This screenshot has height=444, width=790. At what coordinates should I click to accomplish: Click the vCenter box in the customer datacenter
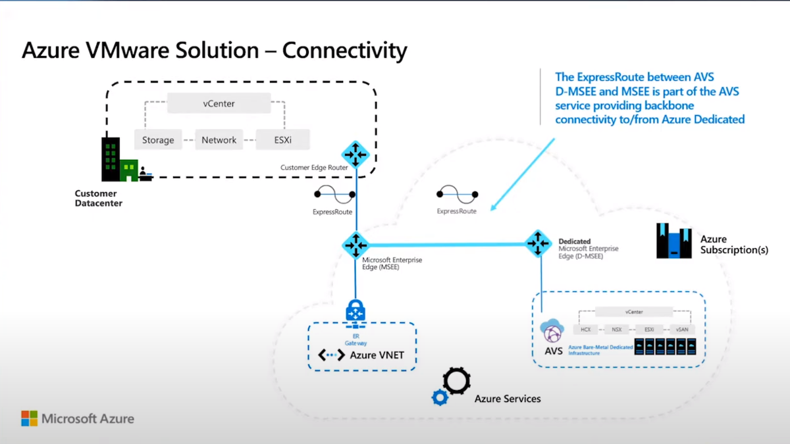(x=219, y=103)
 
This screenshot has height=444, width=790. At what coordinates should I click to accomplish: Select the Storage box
(x=158, y=140)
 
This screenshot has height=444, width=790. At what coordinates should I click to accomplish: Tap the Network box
(x=219, y=140)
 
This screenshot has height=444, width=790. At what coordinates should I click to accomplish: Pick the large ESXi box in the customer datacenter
(x=282, y=140)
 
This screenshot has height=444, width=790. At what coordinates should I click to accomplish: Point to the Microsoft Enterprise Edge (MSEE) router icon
(x=355, y=245)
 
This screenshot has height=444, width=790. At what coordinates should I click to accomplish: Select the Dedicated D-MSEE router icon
(x=538, y=243)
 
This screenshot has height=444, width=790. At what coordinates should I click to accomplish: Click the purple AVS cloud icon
(x=552, y=331)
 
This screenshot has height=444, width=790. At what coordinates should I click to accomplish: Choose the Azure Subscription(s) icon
(x=673, y=240)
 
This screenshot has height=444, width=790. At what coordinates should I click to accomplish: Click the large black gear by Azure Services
(x=456, y=381)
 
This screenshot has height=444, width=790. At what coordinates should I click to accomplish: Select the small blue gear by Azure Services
(x=439, y=397)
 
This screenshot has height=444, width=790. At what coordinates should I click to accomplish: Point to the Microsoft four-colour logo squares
(x=29, y=418)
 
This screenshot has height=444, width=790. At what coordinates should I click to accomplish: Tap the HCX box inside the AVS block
(x=585, y=329)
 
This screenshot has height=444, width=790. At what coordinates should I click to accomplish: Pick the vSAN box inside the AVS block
(x=681, y=329)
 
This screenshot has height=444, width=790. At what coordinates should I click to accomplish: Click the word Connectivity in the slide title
(x=344, y=51)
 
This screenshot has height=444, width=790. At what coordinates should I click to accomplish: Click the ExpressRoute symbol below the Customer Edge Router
(x=334, y=195)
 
